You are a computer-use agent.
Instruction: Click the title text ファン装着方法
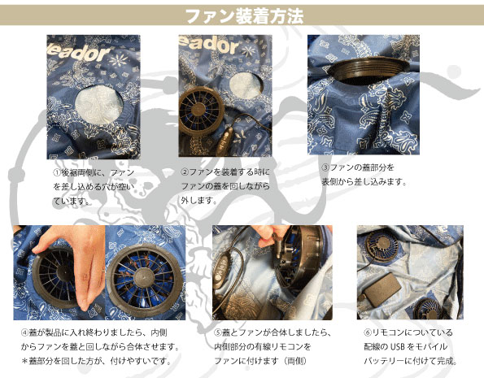(x=241, y=15)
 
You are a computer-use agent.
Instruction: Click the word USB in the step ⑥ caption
(x=397, y=346)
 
